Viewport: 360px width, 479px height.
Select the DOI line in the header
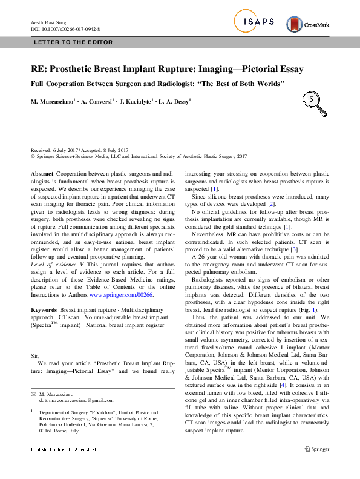65,28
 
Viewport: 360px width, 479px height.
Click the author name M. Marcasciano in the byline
53,102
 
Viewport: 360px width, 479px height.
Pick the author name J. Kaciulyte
137,102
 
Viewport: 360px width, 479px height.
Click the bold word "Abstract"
42,173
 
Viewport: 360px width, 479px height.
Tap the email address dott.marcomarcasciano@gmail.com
76,383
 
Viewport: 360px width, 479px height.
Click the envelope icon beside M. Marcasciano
33,377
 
